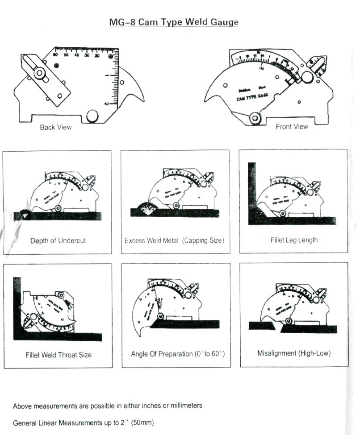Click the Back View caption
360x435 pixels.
pos(55,127)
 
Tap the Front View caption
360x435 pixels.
pos(292,127)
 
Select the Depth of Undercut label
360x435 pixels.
pos(58,240)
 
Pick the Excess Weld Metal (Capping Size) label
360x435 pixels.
pos(174,240)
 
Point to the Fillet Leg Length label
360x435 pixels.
pos(294,240)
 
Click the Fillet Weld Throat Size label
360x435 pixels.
pos(58,355)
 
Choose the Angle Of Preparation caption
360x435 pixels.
pos(177,354)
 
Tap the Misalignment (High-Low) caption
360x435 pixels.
pos(293,353)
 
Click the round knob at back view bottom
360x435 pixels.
pos(92,116)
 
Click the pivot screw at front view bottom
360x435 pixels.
pos(255,118)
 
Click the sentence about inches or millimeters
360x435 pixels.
pos(108,406)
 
